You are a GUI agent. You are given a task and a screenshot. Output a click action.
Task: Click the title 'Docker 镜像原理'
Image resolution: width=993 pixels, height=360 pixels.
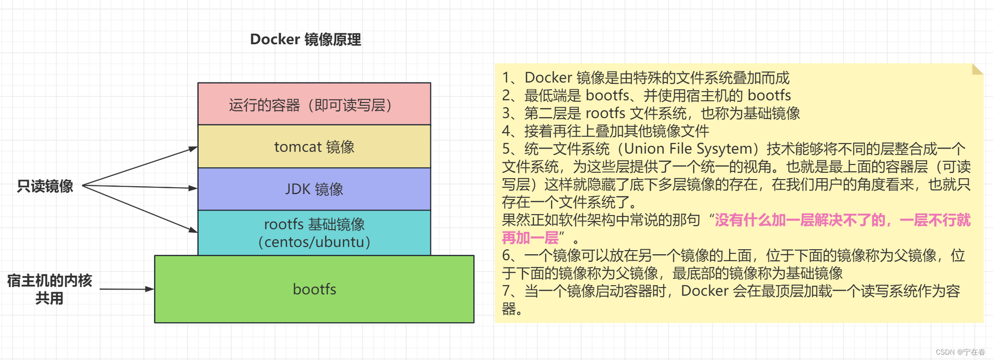click(305, 39)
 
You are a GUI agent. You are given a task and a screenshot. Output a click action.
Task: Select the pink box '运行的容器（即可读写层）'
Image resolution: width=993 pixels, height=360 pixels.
click(314, 104)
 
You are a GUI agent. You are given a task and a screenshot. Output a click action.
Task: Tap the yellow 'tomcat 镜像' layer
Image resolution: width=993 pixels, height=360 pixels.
click(314, 146)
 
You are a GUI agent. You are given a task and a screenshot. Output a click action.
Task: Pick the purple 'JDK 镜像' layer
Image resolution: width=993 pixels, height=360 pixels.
click(314, 189)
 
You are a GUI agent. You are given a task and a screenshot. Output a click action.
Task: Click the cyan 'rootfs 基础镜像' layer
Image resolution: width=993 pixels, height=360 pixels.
click(314, 232)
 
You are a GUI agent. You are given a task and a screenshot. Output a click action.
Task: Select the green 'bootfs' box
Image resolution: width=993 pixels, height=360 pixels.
click(314, 289)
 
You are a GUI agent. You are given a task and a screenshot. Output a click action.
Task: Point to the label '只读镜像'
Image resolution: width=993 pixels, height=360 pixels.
click(45, 186)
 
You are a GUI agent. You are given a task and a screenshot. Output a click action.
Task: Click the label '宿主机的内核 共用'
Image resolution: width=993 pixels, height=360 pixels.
click(49, 289)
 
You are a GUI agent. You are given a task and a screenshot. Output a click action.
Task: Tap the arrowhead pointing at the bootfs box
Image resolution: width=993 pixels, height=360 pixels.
click(150, 288)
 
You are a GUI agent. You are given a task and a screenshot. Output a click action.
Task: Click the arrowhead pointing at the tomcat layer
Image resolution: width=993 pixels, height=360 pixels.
click(193, 148)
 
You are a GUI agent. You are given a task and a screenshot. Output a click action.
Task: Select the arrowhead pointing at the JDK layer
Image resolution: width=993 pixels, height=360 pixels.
click(193, 188)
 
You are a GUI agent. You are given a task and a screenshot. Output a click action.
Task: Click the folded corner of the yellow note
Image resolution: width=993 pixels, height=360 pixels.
click(977, 69)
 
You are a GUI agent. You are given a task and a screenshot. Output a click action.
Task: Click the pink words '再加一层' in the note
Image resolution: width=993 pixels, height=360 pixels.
click(530, 238)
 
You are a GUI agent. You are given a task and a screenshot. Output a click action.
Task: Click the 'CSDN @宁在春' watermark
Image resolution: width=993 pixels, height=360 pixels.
click(960, 352)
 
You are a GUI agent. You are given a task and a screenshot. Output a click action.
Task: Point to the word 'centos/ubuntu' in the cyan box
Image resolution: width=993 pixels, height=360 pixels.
click(314, 242)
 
